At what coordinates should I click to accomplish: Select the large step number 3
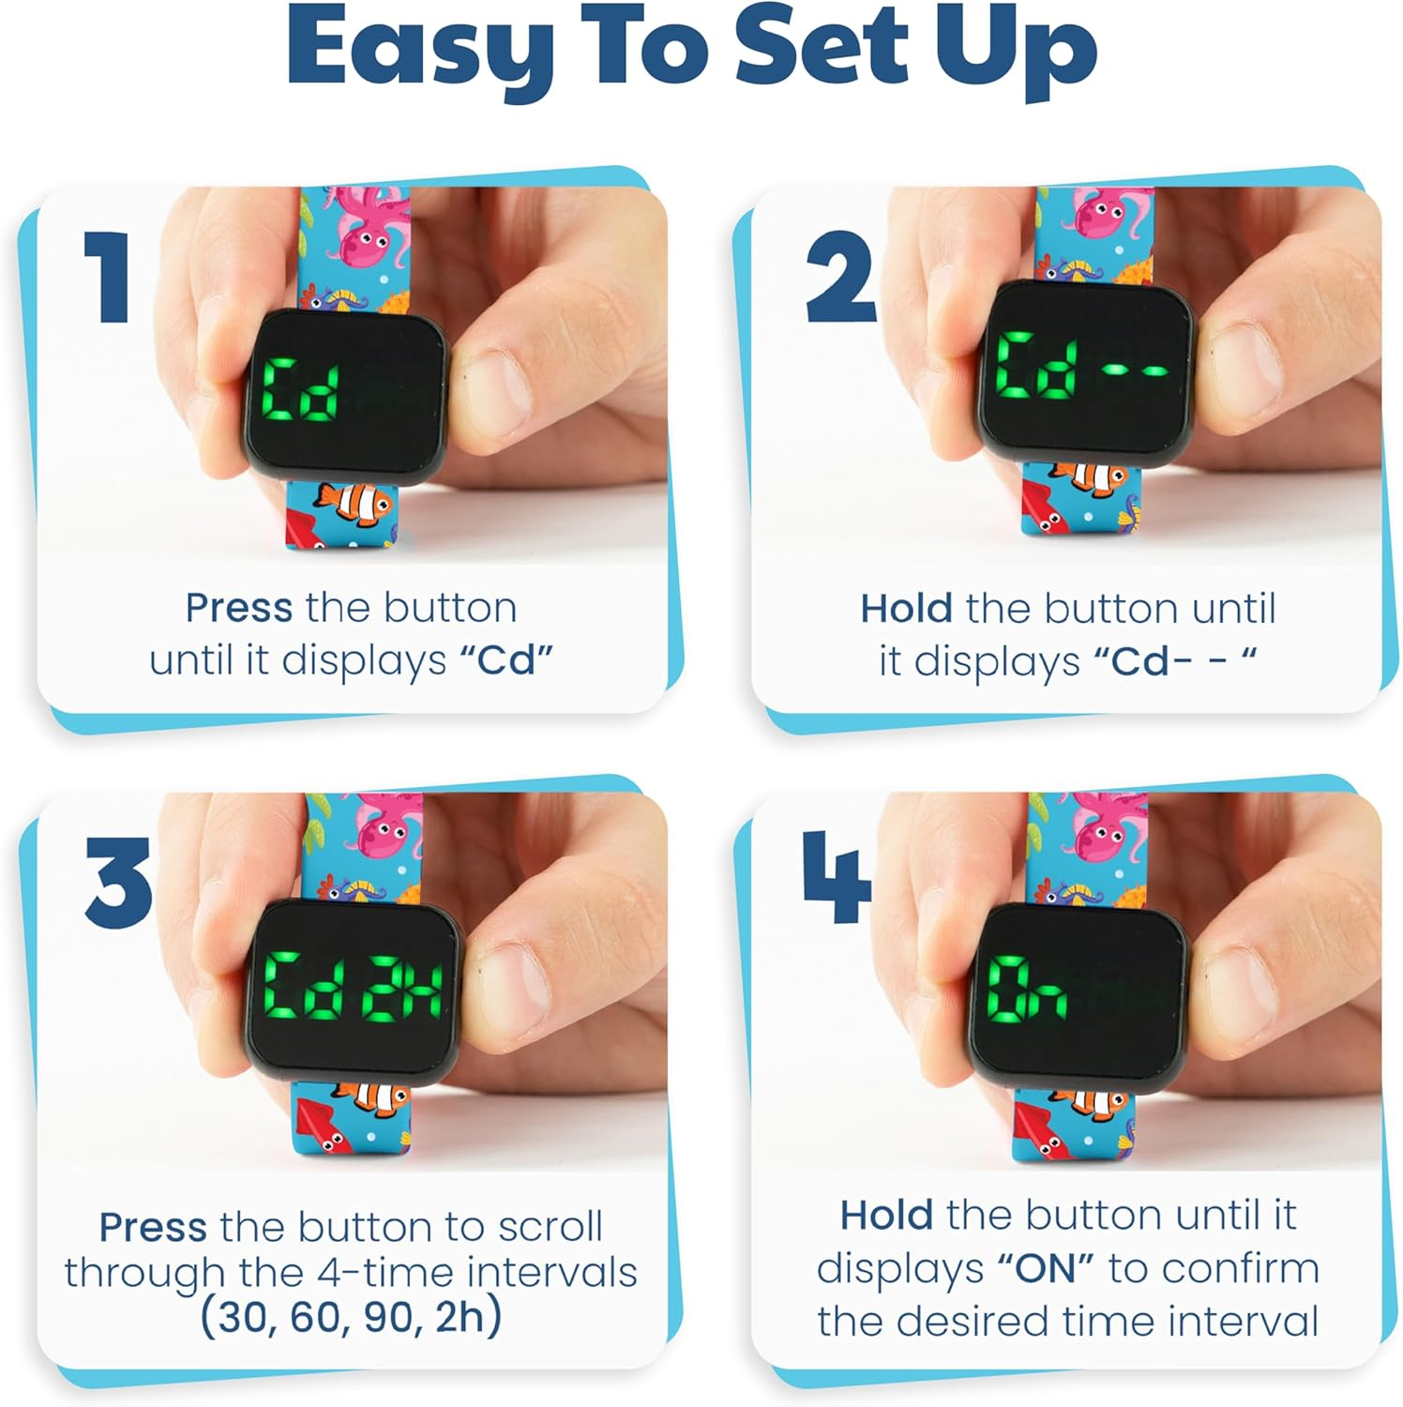tap(118, 881)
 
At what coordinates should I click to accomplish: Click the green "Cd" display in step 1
tap(300, 389)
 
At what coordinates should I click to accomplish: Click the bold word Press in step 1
tap(238, 608)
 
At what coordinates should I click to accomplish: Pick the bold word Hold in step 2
tap(906, 609)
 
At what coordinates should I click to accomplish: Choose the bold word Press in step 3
tap(154, 1227)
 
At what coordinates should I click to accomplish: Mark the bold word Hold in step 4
tap(885, 1216)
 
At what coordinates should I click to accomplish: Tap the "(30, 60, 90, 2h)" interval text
tap(351, 1317)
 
